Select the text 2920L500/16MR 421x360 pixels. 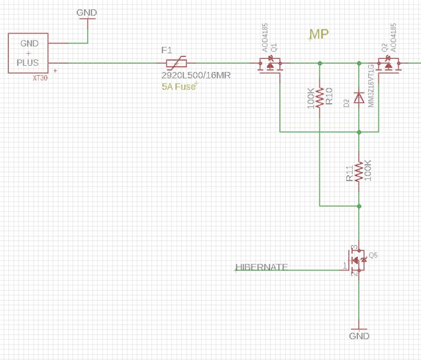point(196,76)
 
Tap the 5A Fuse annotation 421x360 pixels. point(179,87)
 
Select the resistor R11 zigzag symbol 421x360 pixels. point(359,172)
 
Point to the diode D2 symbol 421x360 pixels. point(359,98)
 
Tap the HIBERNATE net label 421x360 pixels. point(262,267)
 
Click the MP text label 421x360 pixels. point(318,35)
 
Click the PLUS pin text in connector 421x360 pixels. point(28,62)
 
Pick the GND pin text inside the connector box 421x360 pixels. point(28,43)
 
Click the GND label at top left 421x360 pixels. point(87,12)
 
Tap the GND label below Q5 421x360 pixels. point(359,336)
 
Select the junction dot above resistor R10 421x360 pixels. point(320,63)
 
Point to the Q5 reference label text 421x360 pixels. point(374,255)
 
